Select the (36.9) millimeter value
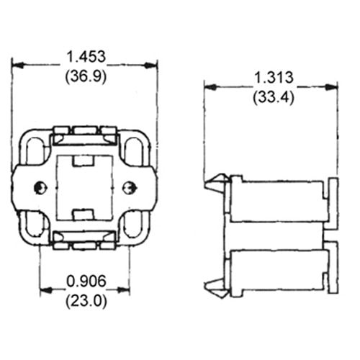click(x=85, y=76)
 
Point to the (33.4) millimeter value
click(x=271, y=97)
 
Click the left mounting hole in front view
click(x=39, y=188)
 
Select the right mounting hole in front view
click(x=130, y=188)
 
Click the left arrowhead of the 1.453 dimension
click(x=16, y=66)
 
